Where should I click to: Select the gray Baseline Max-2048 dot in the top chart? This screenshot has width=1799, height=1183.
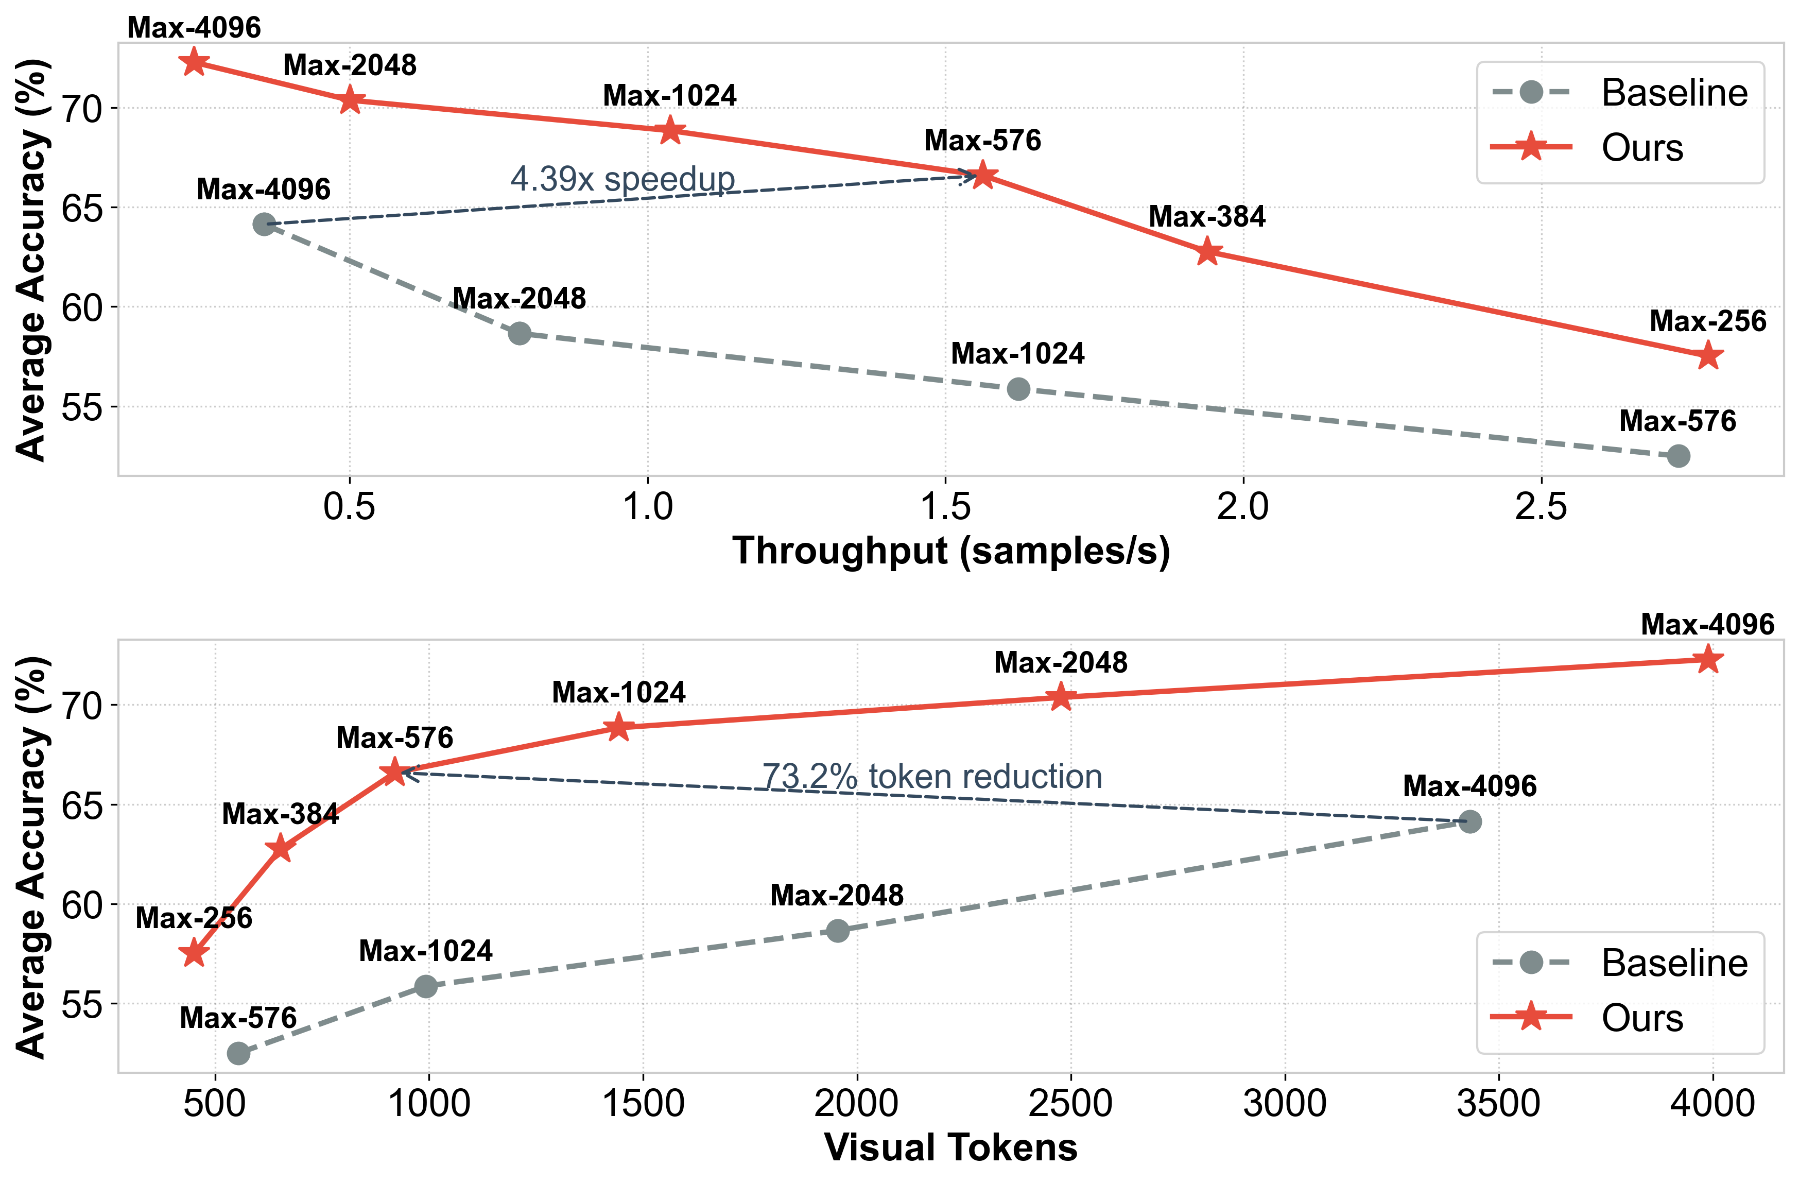coord(520,333)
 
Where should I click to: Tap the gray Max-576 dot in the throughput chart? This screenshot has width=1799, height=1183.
coord(1678,456)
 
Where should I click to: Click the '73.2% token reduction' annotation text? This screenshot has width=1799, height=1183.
coord(931,776)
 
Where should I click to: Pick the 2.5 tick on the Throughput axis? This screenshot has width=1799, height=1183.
coord(1541,506)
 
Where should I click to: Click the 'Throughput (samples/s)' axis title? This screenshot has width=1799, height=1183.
coord(951,551)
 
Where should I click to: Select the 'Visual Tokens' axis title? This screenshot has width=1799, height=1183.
coord(951,1147)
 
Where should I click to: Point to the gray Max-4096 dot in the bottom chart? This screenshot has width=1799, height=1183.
coord(1469,821)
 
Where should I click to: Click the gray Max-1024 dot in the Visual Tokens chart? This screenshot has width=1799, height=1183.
coord(426,986)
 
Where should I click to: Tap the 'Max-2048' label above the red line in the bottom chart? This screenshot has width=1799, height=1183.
coord(1061,662)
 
